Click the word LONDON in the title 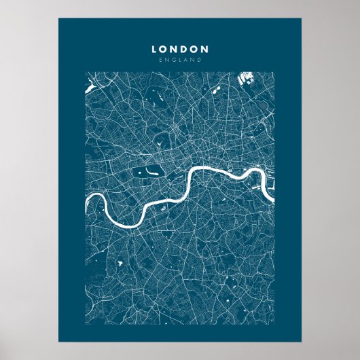(180, 49)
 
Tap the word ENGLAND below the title (180, 60)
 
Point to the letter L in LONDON (154, 49)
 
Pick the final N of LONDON (205, 49)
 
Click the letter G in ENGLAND (173, 60)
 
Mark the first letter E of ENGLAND (159, 60)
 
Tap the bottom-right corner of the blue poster (302, 340)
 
